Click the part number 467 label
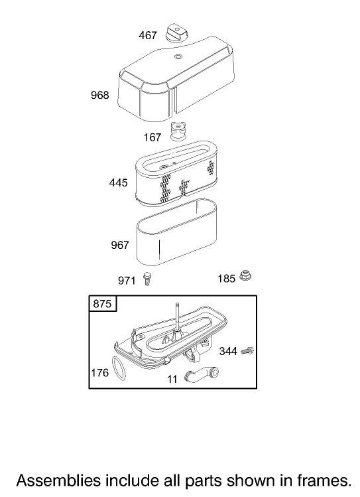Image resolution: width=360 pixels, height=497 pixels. point(148,35)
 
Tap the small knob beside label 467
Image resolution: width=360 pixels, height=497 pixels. point(176,32)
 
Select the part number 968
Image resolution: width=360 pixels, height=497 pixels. point(99,95)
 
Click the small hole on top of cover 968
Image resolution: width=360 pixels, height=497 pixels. point(178,57)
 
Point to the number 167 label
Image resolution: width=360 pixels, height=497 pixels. point(152,137)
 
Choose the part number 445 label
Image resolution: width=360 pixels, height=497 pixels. point(119,182)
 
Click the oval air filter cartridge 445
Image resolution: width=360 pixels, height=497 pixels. point(176,173)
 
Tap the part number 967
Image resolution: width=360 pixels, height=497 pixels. point(120,245)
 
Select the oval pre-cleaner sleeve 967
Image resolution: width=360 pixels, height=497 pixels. point(176,233)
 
